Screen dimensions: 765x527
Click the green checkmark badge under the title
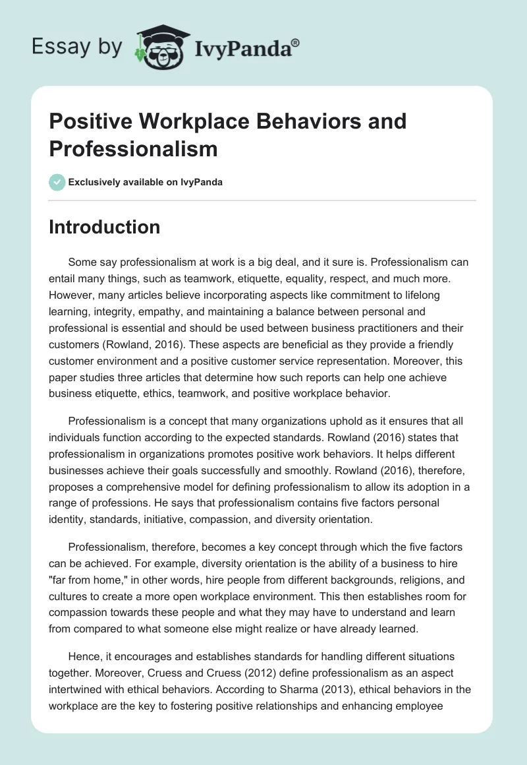[x=57, y=183]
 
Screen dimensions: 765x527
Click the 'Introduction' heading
[x=105, y=228]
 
